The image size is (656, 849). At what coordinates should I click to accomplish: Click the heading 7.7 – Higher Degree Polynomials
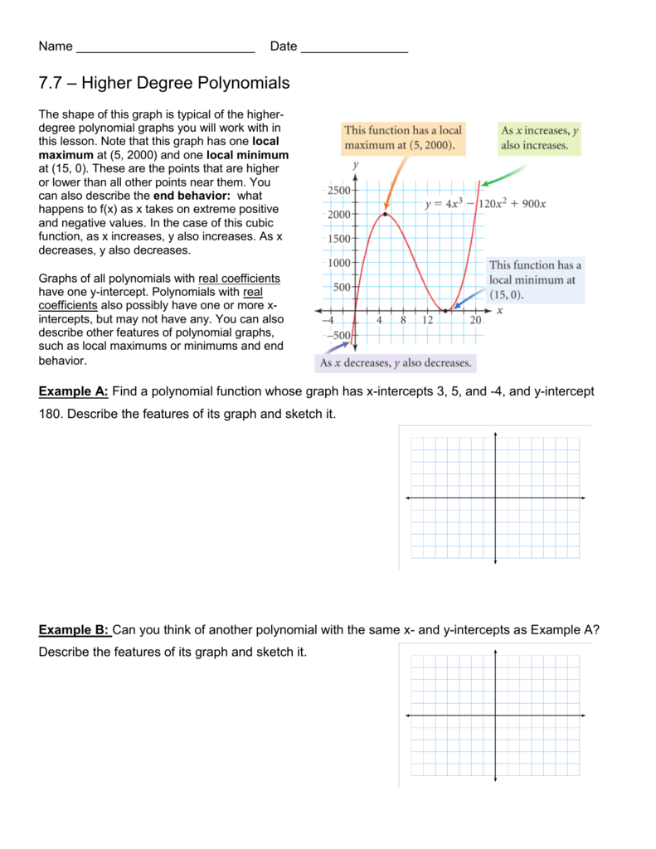click(x=164, y=83)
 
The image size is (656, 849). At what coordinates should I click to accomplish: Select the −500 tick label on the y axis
click(x=335, y=335)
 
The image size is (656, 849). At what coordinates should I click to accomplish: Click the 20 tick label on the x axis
click(x=475, y=321)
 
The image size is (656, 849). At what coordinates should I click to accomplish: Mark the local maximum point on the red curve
click(x=385, y=214)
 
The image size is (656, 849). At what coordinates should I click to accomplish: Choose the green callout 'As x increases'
click(x=539, y=138)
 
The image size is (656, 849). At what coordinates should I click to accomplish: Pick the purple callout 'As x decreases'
click(x=395, y=363)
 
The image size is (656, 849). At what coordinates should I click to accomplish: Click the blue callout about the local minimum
click(x=535, y=279)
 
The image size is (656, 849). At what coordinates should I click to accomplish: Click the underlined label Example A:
click(x=74, y=391)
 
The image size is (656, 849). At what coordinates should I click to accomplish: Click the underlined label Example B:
click(x=74, y=629)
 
